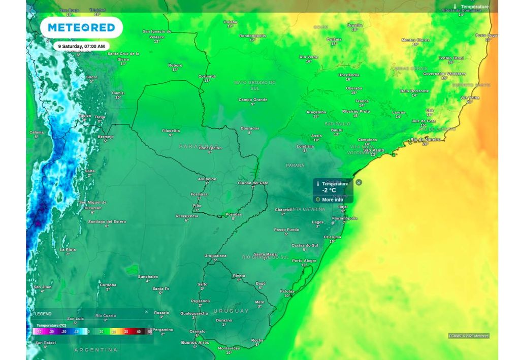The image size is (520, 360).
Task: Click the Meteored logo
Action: (x=81, y=27)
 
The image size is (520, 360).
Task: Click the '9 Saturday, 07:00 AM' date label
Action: (x=81, y=46)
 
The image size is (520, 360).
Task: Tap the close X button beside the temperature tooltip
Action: (x=359, y=182)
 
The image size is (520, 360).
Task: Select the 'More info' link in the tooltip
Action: (x=332, y=200)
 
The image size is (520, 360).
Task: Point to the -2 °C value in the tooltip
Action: (x=329, y=190)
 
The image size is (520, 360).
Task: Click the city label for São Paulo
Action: (x=374, y=150)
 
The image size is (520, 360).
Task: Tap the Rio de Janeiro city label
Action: (x=426, y=139)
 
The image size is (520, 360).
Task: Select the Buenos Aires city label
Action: (x=195, y=343)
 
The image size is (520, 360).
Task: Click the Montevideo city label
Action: (x=229, y=348)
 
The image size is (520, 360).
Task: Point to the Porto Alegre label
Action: (x=304, y=261)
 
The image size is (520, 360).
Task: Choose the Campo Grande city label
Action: (x=253, y=100)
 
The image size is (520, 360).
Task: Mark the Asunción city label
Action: (x=207, y=179)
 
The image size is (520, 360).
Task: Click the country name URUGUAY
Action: (x=231, y=311)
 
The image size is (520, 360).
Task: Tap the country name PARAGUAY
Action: (x=198, y=146)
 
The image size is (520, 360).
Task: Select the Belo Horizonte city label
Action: (x=414, y=91)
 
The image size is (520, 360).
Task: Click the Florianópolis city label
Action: (x=344, y=218)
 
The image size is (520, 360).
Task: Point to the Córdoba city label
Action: (x=108, y=285)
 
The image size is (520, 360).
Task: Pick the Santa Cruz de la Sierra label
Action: (x=123, y=56)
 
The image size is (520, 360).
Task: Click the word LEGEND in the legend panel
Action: (x=43, y=314)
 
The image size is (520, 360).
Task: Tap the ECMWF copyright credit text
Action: (x=468, y=336)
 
